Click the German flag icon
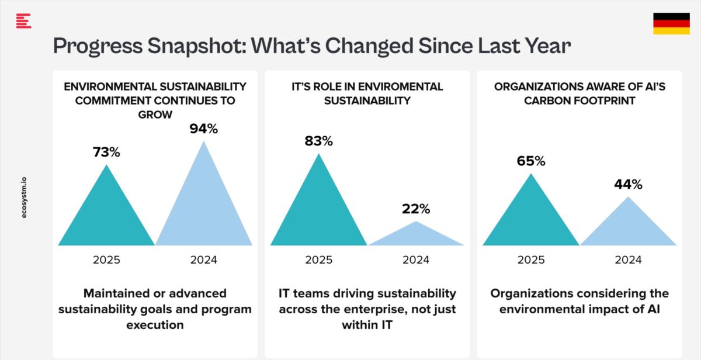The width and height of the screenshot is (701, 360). tap(671, 24)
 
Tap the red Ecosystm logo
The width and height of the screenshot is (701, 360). tap(23, 21)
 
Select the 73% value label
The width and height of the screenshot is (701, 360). tap(106, 152)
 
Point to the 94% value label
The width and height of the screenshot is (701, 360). tap(203, 129)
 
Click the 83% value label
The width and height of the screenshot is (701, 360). tap(318, 141)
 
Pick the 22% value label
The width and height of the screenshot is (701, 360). tap(415, 209)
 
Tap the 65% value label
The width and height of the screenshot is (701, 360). tap(530, 161)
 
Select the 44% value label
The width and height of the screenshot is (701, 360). tap(628, 185)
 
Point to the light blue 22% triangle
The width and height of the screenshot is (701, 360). tap(416, 236)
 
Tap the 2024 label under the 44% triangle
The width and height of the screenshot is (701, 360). tap(628, 260)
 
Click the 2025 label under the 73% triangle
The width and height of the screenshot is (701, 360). tap(106, 260)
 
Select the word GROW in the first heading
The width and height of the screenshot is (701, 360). tap(155, 115)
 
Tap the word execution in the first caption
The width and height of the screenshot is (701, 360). tap(155, 324)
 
